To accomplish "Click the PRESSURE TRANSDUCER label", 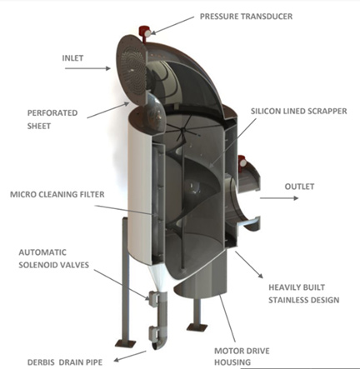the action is [246, 17].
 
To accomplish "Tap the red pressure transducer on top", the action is [144, 32].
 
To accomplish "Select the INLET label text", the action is [72, 58].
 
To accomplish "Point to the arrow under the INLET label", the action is [87, 68].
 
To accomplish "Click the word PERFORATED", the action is [52, 113].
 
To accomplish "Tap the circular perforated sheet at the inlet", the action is [132, 71].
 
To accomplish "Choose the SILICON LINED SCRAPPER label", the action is [299, 111].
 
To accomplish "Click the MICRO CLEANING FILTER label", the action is [57, 194].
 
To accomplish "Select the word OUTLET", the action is [299, 187].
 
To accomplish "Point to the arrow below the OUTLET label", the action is [279, 198].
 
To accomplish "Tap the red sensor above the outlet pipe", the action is [242, 161].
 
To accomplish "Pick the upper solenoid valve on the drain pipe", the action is [153, 298].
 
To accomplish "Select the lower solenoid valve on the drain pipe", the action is [153, 333].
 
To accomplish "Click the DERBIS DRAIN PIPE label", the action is [65, 362].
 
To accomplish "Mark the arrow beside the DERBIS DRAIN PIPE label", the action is [130, 356].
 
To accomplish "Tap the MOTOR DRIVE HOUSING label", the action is [242, 357].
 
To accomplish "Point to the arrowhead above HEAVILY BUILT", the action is [260, 275].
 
